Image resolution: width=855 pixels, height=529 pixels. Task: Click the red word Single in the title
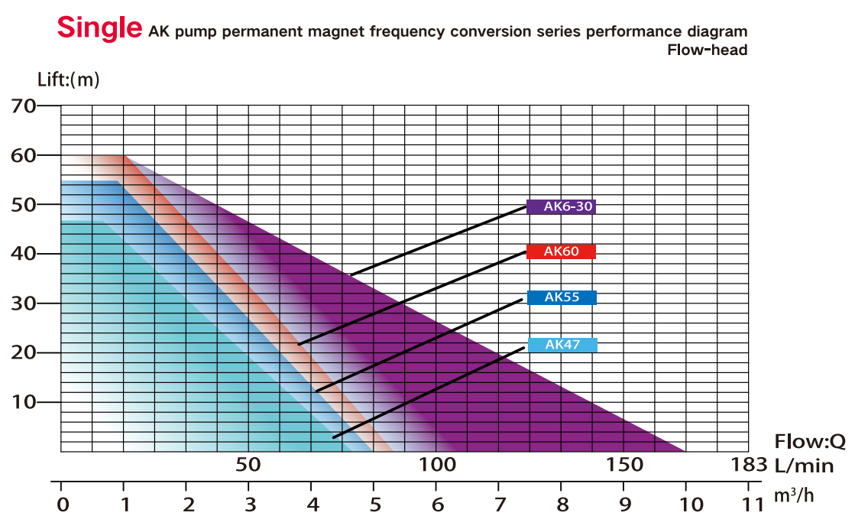99,28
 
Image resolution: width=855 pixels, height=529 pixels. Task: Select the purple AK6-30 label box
561,206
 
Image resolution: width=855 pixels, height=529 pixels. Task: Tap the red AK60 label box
561,252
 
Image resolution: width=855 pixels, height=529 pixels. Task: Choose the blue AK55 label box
562,297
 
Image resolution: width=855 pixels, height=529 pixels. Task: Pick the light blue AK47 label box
562,345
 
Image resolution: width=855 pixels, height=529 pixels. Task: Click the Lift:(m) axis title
69,79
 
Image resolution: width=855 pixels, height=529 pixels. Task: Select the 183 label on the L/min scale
747,465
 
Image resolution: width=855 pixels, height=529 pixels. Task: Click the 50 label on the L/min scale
248,465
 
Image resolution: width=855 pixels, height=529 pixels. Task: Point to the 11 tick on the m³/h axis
752,504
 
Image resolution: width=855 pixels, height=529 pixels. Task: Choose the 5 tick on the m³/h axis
374,504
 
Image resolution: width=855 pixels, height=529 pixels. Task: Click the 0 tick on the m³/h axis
63,504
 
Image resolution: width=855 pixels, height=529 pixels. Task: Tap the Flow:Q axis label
810,442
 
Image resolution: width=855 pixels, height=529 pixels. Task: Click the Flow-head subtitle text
707,50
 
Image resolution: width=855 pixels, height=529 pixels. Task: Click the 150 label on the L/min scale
625,465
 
